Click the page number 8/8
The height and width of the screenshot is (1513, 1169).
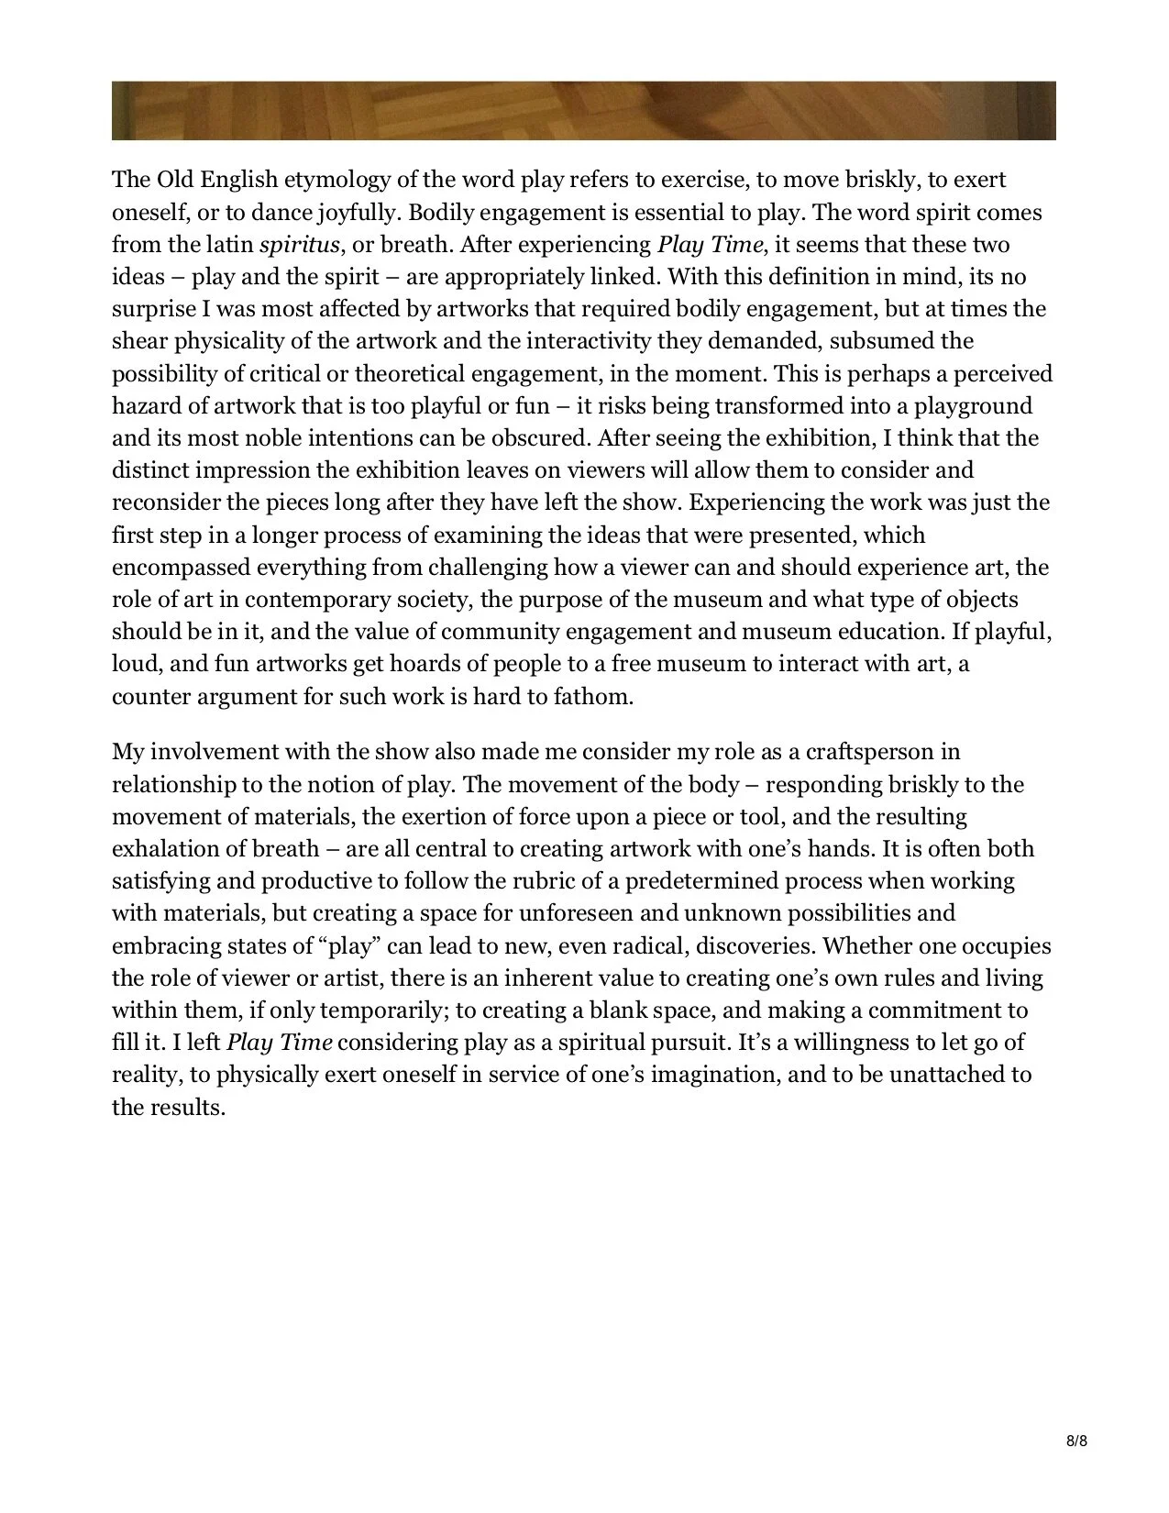[1076, 1441]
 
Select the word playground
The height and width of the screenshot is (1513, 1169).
[973, 406]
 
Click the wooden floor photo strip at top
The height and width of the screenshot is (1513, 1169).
[583, 111]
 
